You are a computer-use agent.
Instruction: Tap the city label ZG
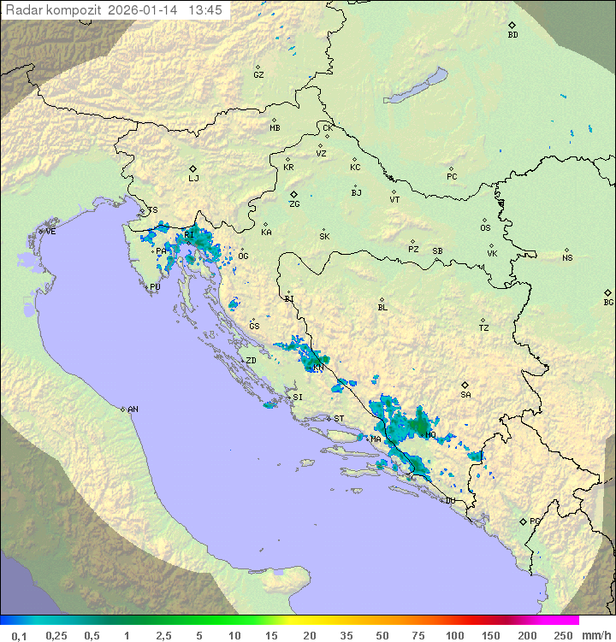(294, 205)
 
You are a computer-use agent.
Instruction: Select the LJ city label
(193, 179)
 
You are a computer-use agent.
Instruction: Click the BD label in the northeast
(512, 35)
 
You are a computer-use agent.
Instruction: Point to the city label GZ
(258, 75)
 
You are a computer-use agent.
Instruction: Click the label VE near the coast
(50, 232)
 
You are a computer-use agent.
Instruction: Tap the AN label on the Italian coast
(133, 409)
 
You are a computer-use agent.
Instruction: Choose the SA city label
(465, 395)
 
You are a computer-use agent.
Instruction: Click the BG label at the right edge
(608, 303)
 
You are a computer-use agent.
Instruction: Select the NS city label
(567, 258)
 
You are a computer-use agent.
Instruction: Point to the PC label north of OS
(452, 177)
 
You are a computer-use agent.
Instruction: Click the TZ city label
(484, 328)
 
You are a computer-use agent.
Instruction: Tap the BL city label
(382, 308)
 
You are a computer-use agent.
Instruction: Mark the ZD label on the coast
(251, 361)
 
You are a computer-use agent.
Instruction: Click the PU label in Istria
(155, 288)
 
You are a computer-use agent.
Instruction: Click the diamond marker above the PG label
(523, 521)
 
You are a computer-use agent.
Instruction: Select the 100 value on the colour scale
(454, 635)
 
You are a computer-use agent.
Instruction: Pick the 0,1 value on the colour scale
(19, 635)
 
